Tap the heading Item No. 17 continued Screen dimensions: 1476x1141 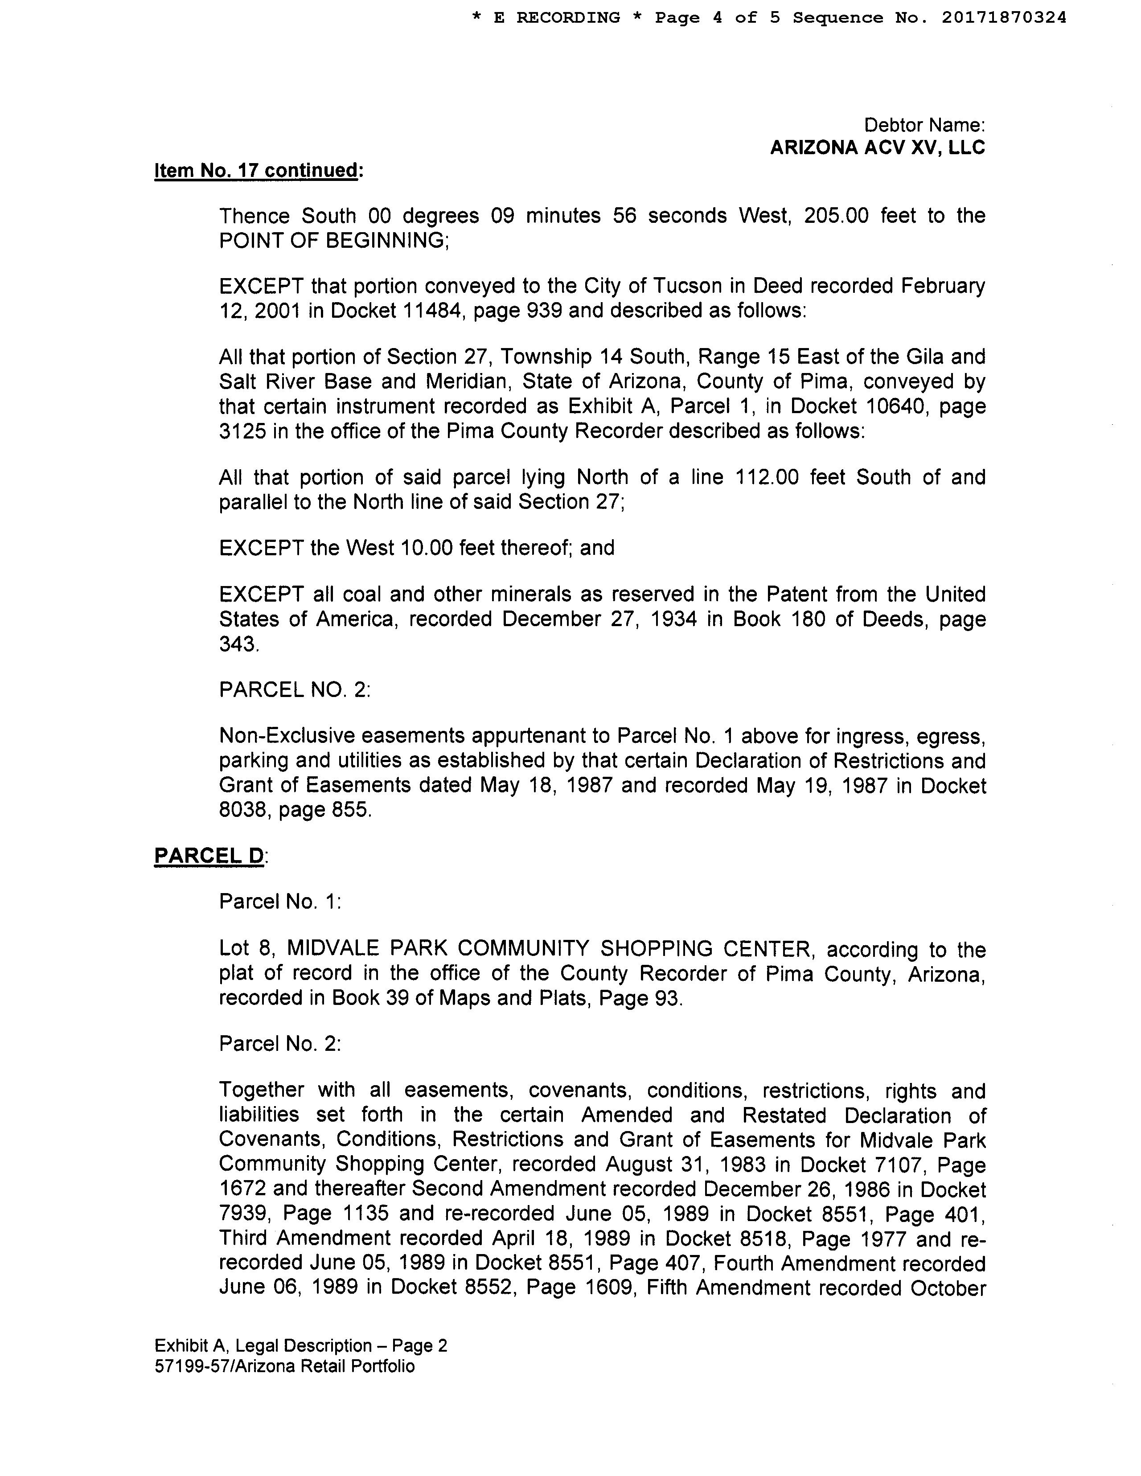pos(258,170)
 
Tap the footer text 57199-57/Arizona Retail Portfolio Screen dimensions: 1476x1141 pos(284,1366)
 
